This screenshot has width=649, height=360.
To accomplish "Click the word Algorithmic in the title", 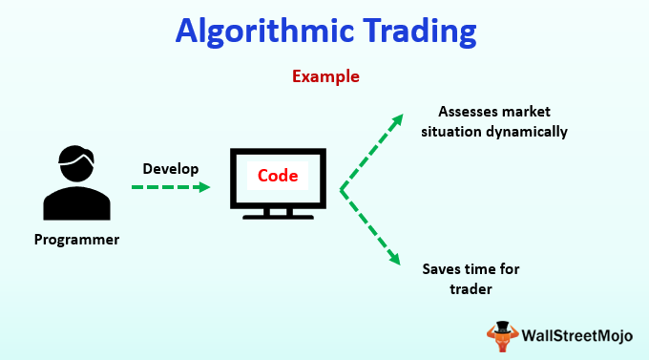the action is pyautogui.click(x=265, y=32).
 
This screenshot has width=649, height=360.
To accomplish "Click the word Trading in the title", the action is pyautogui.click(x=420, y=32).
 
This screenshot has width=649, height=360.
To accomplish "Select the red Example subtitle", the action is pyautogui.click(x=325, y=77).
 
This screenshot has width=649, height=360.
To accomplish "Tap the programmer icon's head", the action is pyautogui.click(x=76, y=163).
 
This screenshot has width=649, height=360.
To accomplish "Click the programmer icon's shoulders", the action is pyautogui.click(x=76, y=203).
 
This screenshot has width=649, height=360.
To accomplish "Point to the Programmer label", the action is pyautogui.click(x=76, y=240).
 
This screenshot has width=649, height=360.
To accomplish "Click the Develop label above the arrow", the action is pyautogui.click(x=171, y=169).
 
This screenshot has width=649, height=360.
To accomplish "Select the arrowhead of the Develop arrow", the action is pyautogui.click(x=203, y=187).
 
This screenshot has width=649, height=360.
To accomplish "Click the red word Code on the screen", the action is pyautogui.click(x=278, y=176).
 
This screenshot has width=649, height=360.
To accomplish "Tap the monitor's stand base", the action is pyautogui.click(x=278, y=217).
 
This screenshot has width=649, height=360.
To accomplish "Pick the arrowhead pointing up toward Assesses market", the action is pyautogui.click(x=396, y=120).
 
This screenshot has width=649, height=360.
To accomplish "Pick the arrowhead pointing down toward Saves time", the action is pyautogui.click(x=394, y=259).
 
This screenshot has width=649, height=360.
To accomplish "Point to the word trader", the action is pyautogui.click(x=471, y=289).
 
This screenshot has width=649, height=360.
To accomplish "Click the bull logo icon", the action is pyautogui.click(x=502, y=336).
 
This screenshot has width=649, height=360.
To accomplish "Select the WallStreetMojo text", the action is pyautogui.click(x=577, y=335).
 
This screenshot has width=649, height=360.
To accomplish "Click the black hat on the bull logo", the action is pyautogui.click(x=502, y=327).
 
